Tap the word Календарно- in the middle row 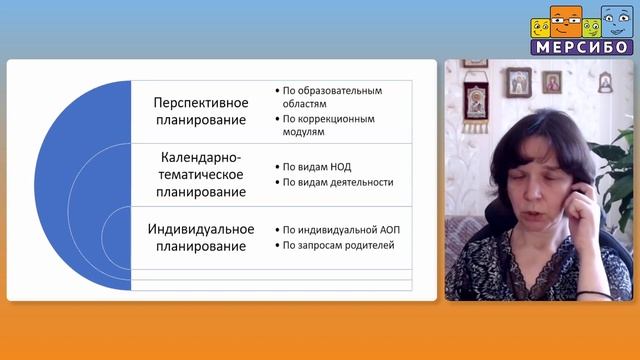click(x=200, y=157)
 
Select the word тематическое click(x=200, y=174)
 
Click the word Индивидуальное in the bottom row click(x=200, y=229)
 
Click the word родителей click(x=370, y=245)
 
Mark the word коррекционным click(x=340, y=118)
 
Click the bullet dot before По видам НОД click(x=275, y=166)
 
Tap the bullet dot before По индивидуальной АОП click(x=275, y=229)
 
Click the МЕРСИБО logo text click(x=581, y=46)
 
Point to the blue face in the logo click(x=613, y=21)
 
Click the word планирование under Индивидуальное click(x=200, y=246)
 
